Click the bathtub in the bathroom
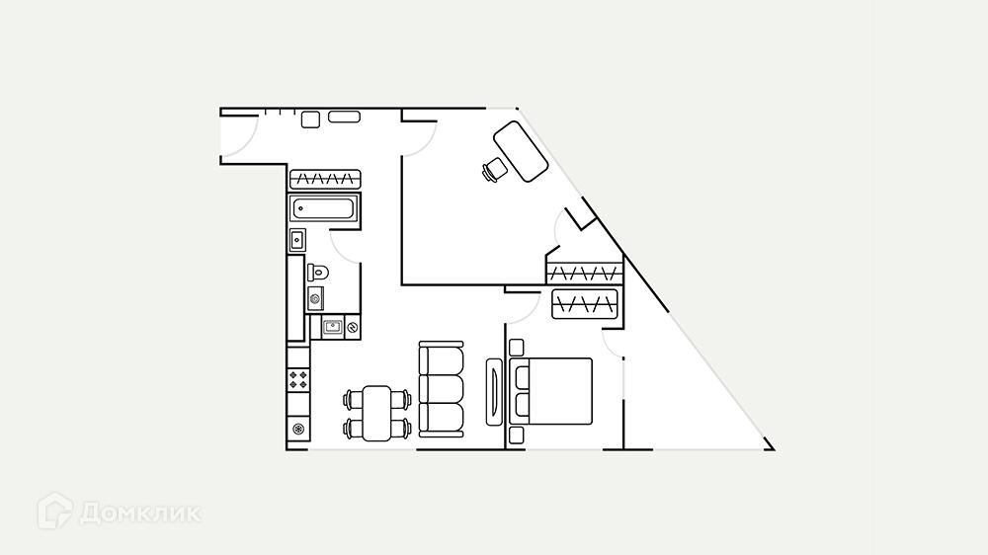coord(324,208)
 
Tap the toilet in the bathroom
coord(318,271)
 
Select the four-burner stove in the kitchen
coord(299,378)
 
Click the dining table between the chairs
coord(377,413)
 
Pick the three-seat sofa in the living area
coord(441,389)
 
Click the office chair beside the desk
coord(494,171)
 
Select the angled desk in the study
coord(520,150)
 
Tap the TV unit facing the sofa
coord(495,392)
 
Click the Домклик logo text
coord(139,514)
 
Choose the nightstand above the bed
coord(515,347)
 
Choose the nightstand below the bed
coord(515,435)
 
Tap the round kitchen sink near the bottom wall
coord(299,429)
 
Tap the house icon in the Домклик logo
coord(54,511)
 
